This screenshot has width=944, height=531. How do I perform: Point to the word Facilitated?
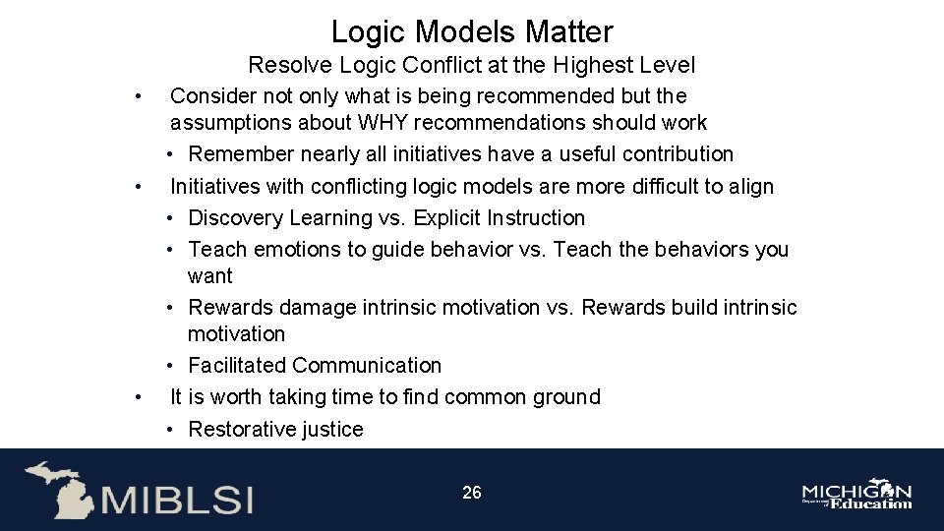pyautogui.click(x=237, y=366)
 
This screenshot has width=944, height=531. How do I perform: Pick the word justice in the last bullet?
pyautogui.click(x=335, y=430)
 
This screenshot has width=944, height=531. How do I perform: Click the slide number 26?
pyautogui.click(x=472, y=493)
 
